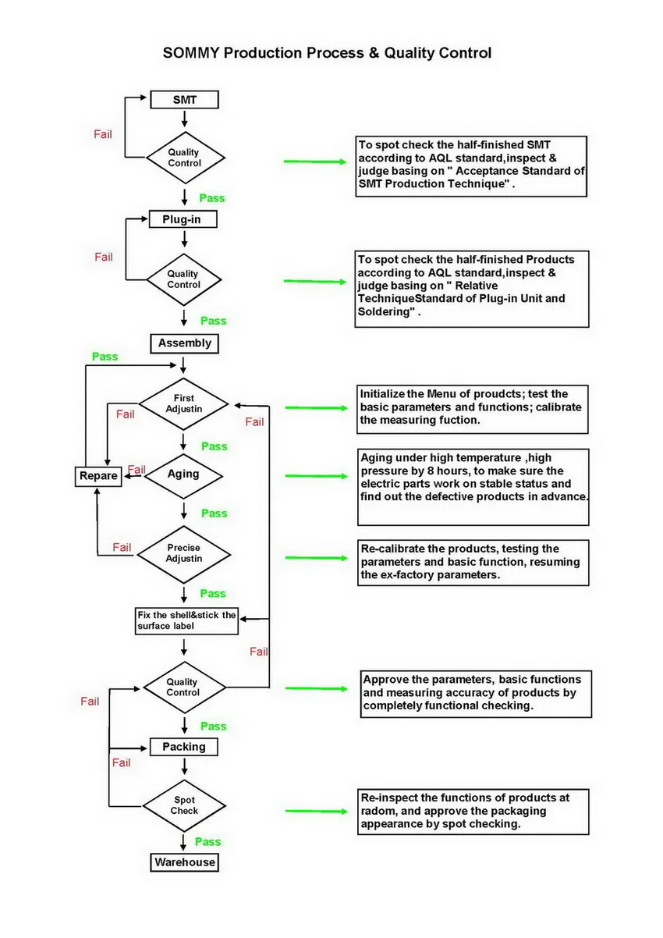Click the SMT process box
tap(184, 100)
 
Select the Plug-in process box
tap(183, 219)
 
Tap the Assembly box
tap(185, 343)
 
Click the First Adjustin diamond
tap(184, 403)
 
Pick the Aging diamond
tap(183, 474)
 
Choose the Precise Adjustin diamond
tap(184, 553)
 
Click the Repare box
tap(98, 475)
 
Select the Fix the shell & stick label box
tap(186, 620)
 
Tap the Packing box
tap(184, 747)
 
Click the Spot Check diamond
tap(184, 805)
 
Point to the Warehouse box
tap(185, 862)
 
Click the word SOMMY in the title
tap(190, 53)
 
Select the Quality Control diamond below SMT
tap(184, 158)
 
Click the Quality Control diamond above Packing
tap(183, 688)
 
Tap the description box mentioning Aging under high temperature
tap(473, 487)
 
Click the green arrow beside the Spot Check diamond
tap(315, 812)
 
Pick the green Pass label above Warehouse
tap(207, 842)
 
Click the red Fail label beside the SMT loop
tap(103, 134)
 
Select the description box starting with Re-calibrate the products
tap(473, 563)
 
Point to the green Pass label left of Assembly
tap(105, 357)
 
